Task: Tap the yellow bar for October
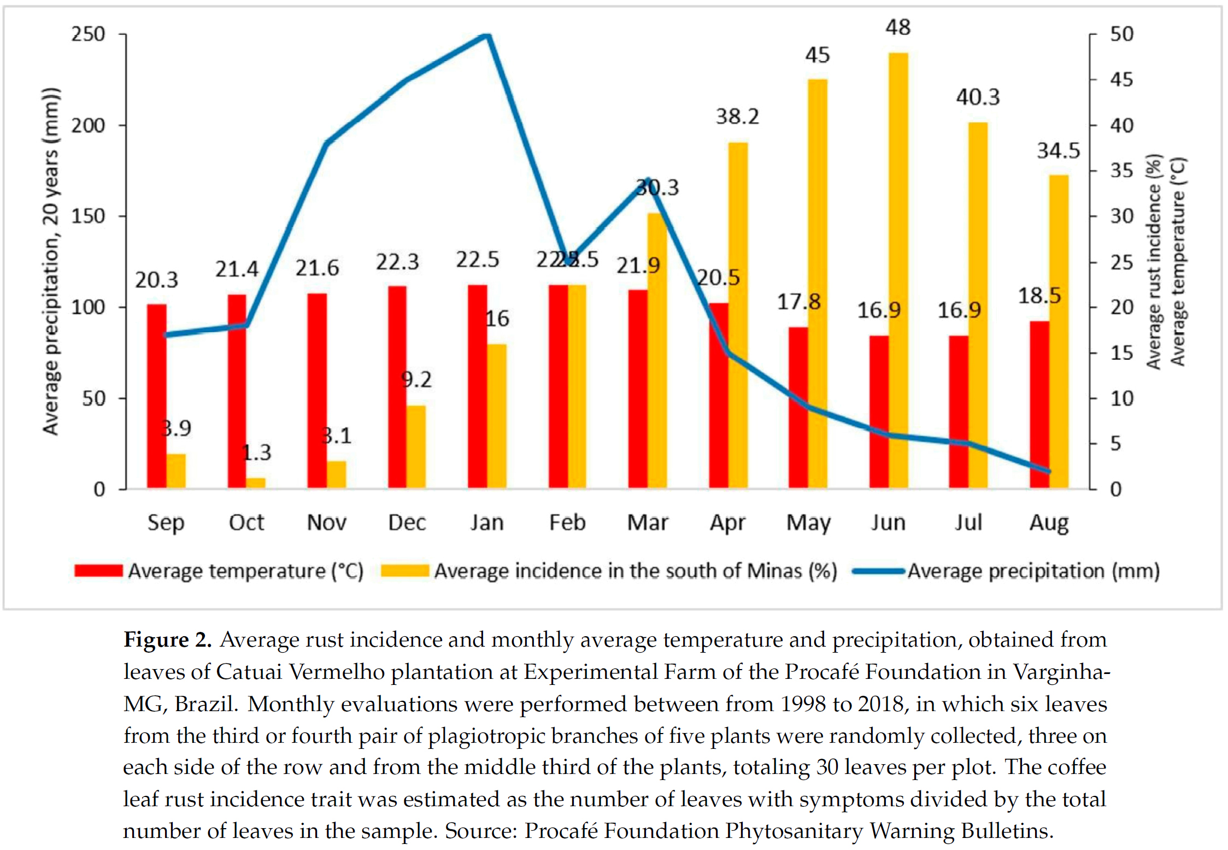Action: click(x=255, y=483)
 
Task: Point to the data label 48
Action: click(x=898, y=27)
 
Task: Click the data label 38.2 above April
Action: click(x=737, y=116)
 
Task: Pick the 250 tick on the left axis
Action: click(x=88, y=34)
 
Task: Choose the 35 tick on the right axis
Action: click(x=1121, y=171)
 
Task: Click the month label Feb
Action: click(x=567, y=523)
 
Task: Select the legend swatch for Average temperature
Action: click(x=98, y=571)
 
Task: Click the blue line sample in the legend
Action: click(x=878, y=571)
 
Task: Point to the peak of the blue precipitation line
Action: click(x=486, y=36)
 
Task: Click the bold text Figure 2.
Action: click(x=167, y=640)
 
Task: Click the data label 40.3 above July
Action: click(x=977, y=97)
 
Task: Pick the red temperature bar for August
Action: click(x=1039, y=405)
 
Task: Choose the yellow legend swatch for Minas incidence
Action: click(x=404, y=571)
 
